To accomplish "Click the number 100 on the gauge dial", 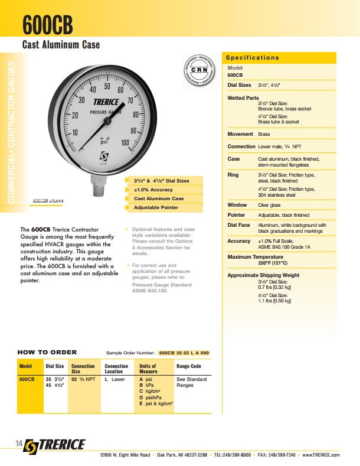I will (x=125, y=142).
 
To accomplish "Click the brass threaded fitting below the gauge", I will (x=98, y=187).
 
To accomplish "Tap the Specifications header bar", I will (x=280, y=57).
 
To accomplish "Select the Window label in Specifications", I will (x=237, y=205).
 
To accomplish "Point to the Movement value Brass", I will (x=264, y=134).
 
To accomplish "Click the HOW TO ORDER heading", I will (x=47, y=353).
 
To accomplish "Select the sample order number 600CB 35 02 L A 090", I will (x=184, y=353).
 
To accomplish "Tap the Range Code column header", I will (x=189, y=366).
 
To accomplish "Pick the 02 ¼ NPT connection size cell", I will (x=83, y=379).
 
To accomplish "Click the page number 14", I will (x=19, y=444).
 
